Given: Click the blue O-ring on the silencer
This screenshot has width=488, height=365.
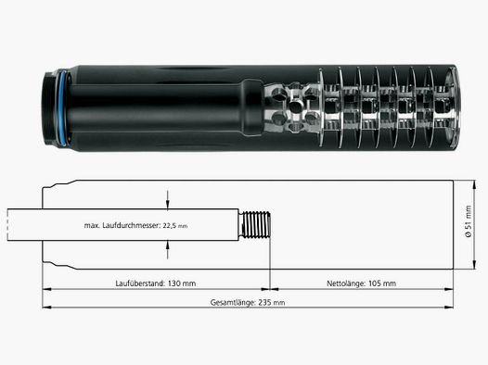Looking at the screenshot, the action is click(62, 108).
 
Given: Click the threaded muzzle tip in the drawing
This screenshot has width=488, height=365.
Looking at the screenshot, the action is click(255, 225).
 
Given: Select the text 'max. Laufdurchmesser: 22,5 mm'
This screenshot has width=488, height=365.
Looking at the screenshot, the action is click(136, 225).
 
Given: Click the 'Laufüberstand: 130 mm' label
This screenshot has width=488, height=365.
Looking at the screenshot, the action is click(156, 283).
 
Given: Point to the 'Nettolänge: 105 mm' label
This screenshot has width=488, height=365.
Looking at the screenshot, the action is click(361, 283).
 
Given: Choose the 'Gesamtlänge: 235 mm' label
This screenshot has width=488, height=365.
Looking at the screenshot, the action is click(248, 302).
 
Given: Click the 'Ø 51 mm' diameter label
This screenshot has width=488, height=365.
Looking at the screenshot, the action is click(469, 221).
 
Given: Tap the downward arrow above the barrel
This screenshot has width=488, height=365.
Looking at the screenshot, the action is click(167, 199).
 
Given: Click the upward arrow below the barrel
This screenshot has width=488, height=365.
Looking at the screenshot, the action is click(167, 250).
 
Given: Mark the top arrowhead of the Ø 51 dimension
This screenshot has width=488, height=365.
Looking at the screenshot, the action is click(474, 184).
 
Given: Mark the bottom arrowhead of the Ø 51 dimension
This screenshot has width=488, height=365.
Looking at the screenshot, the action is click(474, 265).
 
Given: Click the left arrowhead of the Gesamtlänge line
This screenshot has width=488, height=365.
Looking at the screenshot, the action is click(46, 308).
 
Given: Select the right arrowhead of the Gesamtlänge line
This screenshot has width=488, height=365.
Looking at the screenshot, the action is click(448, 308).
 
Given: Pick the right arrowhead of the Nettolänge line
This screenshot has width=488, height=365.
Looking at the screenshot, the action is click(448, 289).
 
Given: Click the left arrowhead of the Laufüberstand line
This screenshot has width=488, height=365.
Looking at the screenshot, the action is click(46, 289).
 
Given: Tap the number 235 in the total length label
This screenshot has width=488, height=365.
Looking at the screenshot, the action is click(263, 302).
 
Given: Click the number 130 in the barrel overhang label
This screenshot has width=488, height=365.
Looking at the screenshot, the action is click(173, 283).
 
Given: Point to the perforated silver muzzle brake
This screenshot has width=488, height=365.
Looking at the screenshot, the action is click(292, 107).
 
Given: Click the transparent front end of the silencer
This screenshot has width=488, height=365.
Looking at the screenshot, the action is click(452, 107).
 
